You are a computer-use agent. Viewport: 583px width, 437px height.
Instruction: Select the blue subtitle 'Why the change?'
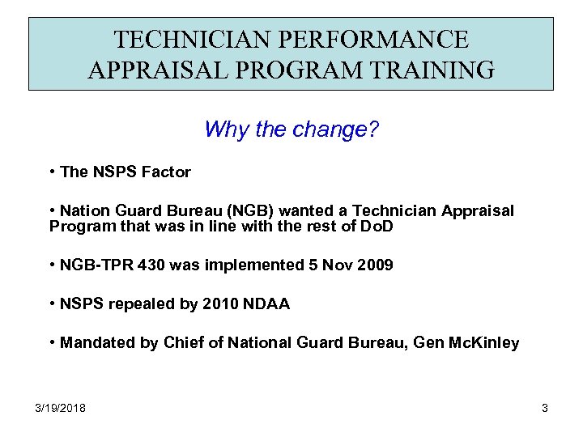click(291, 129)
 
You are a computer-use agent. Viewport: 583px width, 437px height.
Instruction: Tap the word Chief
click(185, 343)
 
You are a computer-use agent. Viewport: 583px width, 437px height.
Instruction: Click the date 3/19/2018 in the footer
click(61, 408)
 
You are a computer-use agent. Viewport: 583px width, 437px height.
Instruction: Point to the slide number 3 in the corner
click(544, 408)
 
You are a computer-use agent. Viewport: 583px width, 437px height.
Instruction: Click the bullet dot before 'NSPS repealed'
click(52, 304)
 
